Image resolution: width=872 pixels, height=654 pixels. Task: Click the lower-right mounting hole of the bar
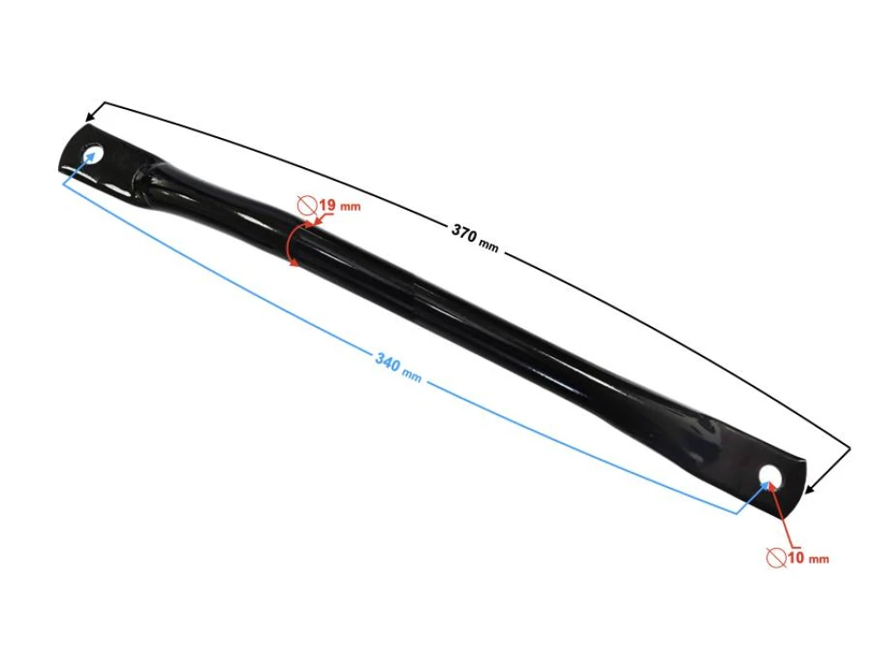(x=770, y=476)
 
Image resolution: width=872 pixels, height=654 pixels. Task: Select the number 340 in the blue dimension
(x=388, y=362)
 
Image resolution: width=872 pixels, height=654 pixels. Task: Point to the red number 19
(x=328, y=205)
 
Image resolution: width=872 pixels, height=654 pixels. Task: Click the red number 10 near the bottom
(x=796, y=557)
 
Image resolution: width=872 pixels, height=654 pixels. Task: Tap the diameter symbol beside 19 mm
(x=307, y=205)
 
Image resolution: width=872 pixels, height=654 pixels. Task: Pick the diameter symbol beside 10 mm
(x=777, y=557)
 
